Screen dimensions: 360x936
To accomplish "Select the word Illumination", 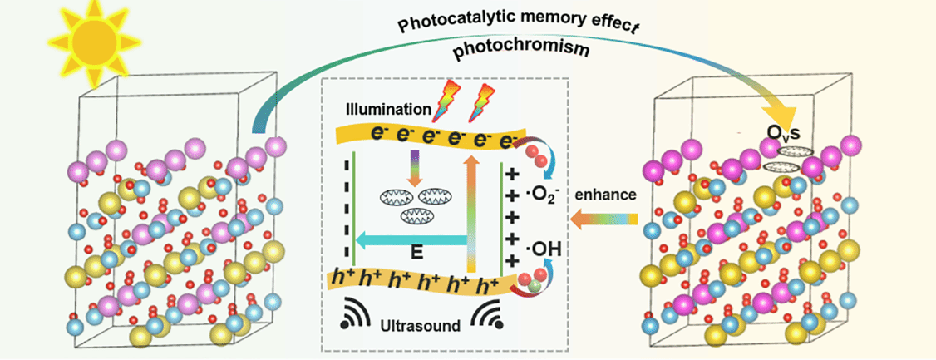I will coord(384,109).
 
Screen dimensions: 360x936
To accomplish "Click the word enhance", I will coord(608,194).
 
